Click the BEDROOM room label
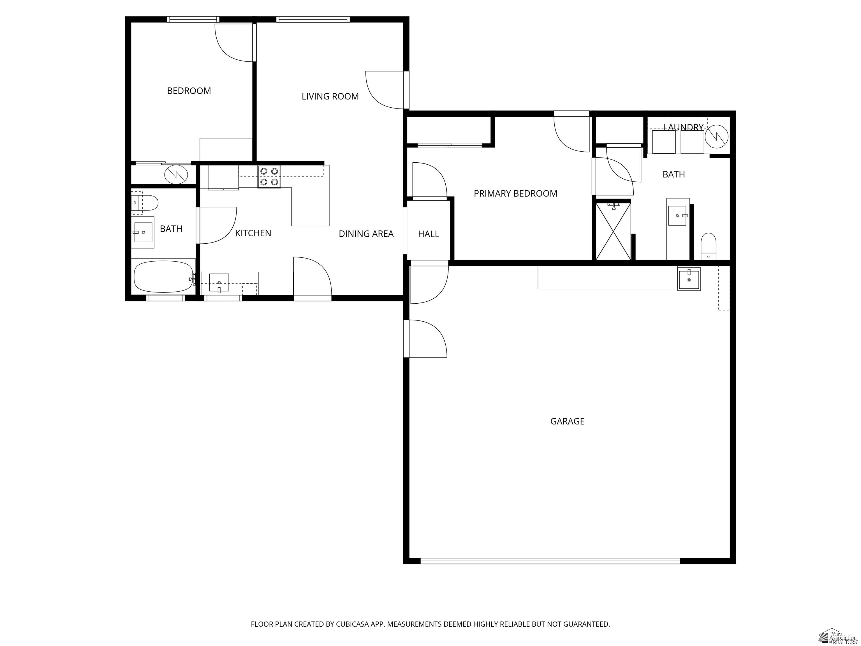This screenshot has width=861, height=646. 189,91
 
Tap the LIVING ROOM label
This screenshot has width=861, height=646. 330,96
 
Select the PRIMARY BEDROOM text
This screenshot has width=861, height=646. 515,193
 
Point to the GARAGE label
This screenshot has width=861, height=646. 567,421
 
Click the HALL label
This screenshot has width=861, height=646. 429,234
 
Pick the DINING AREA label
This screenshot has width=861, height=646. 366,234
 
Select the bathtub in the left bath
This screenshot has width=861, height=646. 163,276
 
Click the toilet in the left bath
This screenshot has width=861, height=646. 148,202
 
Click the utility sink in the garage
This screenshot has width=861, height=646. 689,278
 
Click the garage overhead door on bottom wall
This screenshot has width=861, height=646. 550,561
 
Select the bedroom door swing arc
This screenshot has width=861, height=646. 233,43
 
